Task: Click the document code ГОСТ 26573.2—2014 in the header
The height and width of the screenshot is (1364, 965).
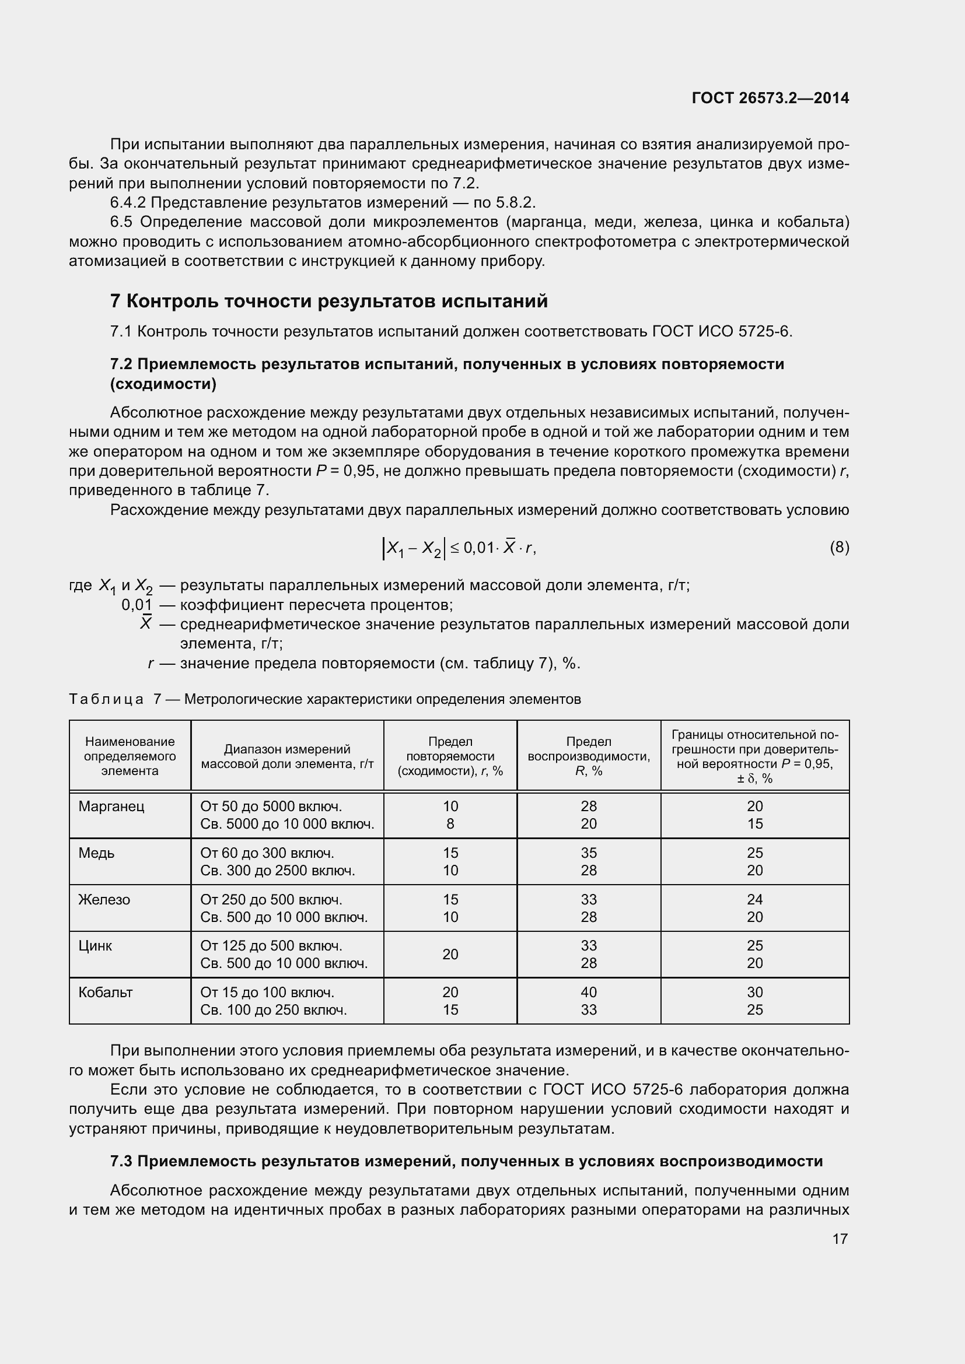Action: tap(770, 98)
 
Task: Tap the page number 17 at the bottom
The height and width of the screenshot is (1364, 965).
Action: tap(840, 1239)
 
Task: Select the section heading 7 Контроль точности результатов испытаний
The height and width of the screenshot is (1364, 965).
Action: tap(328, 301)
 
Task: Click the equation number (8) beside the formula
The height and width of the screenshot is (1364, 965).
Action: tap(839, 547)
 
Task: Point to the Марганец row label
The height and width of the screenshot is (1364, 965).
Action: tap(111, 806)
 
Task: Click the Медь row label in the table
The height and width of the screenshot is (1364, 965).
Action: tap(96, 853)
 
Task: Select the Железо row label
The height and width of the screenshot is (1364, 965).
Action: tap(104, 899)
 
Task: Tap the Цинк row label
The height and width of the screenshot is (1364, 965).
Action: tap(95, 946)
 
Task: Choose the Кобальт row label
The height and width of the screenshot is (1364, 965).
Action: tap(105, 992)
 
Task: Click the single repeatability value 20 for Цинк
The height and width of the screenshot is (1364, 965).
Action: tap(450, 954)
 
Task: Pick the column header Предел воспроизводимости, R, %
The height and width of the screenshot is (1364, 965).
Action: tap(588, 756)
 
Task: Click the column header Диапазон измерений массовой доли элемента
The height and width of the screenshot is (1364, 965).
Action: tap(287, 756)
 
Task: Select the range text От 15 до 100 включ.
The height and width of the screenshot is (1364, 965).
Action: tap(267, 992)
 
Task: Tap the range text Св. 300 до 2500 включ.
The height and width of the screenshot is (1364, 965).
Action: tap(277, 870)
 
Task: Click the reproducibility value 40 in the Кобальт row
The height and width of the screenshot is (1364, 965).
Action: tap(588, 992)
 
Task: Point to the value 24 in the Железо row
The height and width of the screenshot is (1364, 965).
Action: tap(754, 899)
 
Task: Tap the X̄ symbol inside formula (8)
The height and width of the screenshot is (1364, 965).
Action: tap(509, 547)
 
